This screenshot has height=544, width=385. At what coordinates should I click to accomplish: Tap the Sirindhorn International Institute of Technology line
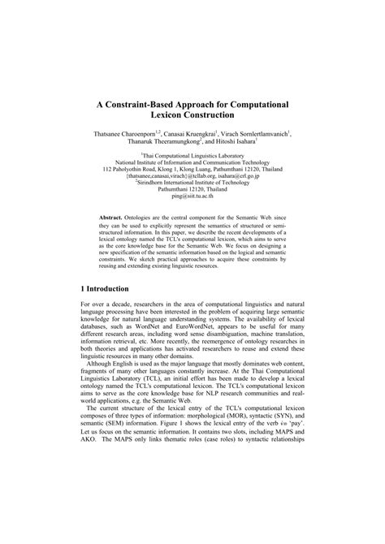(x=192, y=183)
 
